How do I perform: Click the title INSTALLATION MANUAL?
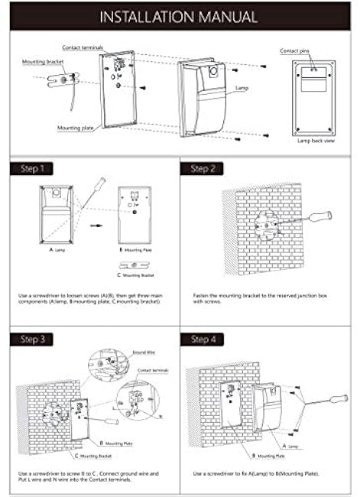point(180,16)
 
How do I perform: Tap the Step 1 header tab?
point(33,168)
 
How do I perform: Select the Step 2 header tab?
point(205,168)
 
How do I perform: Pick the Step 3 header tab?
point(33,339)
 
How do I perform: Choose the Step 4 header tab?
point(205,339)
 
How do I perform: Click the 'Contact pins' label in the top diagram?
point(294,50)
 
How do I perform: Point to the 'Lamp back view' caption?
point(316,141)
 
